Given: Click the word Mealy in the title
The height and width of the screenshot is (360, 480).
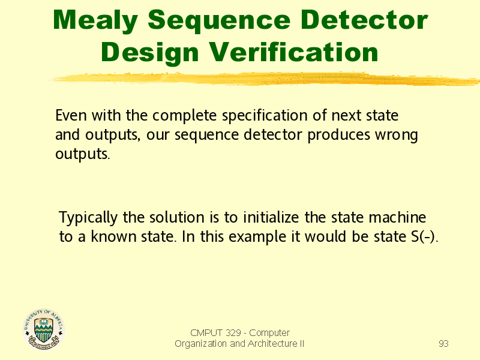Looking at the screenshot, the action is [x=95, y=20].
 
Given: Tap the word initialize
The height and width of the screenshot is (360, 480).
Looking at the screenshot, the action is [x=271, y=217].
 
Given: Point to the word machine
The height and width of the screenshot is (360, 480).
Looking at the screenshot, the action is [x=397, y=217].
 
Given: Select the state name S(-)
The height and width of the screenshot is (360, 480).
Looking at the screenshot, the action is [x=425, y=236].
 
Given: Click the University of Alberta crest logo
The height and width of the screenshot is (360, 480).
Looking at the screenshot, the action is [x=43, y=329].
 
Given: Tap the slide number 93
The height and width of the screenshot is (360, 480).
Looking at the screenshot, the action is [x=443, y=343].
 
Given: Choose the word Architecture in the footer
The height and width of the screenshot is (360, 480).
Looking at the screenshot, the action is [x=272, y=344].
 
